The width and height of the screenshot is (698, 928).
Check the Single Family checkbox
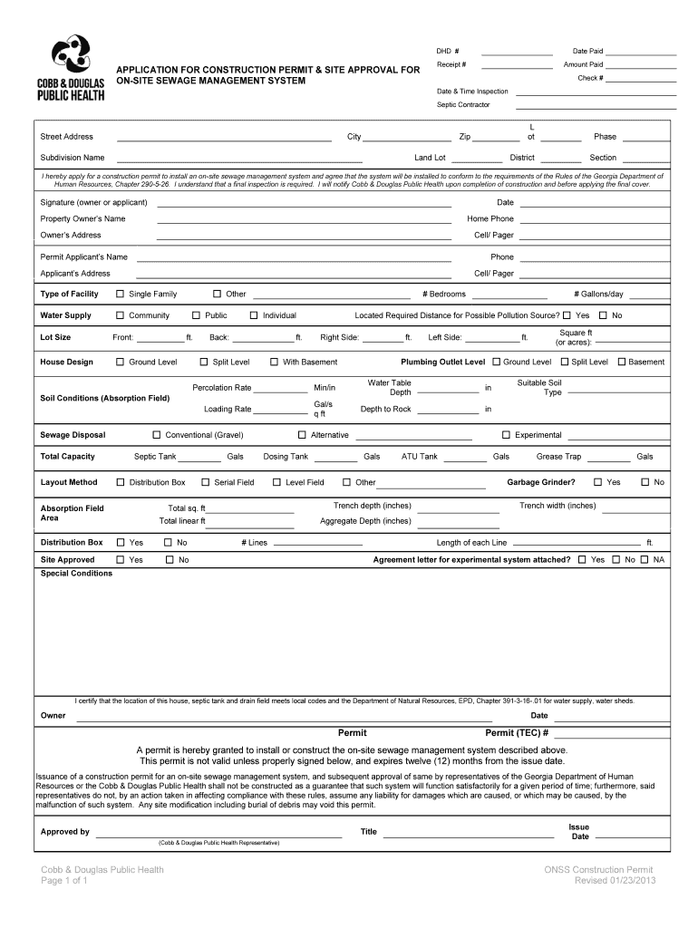point(120,295)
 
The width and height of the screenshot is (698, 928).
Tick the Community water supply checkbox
point(120,315)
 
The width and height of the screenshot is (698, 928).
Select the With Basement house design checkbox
point(274,362)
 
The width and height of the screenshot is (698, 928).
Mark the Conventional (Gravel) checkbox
point(156,435)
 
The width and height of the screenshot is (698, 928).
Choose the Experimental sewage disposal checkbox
point(506,435)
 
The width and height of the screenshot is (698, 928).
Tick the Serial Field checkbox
point(205,482)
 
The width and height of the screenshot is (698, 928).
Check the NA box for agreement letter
point(644,560)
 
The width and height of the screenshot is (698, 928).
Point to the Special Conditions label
point(76,574)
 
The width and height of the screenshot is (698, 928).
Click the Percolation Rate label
point(222,388)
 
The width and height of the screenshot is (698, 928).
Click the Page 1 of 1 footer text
point(63,880)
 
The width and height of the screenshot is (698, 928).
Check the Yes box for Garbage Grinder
point(597,482)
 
